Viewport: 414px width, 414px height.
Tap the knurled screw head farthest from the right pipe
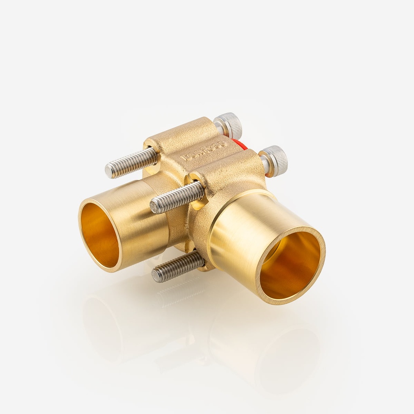click(228, 125)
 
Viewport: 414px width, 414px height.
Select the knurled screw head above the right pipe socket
click(275, 160)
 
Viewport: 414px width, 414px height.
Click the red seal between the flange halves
click(240, 144)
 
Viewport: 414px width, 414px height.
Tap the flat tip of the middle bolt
click(154, 207)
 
